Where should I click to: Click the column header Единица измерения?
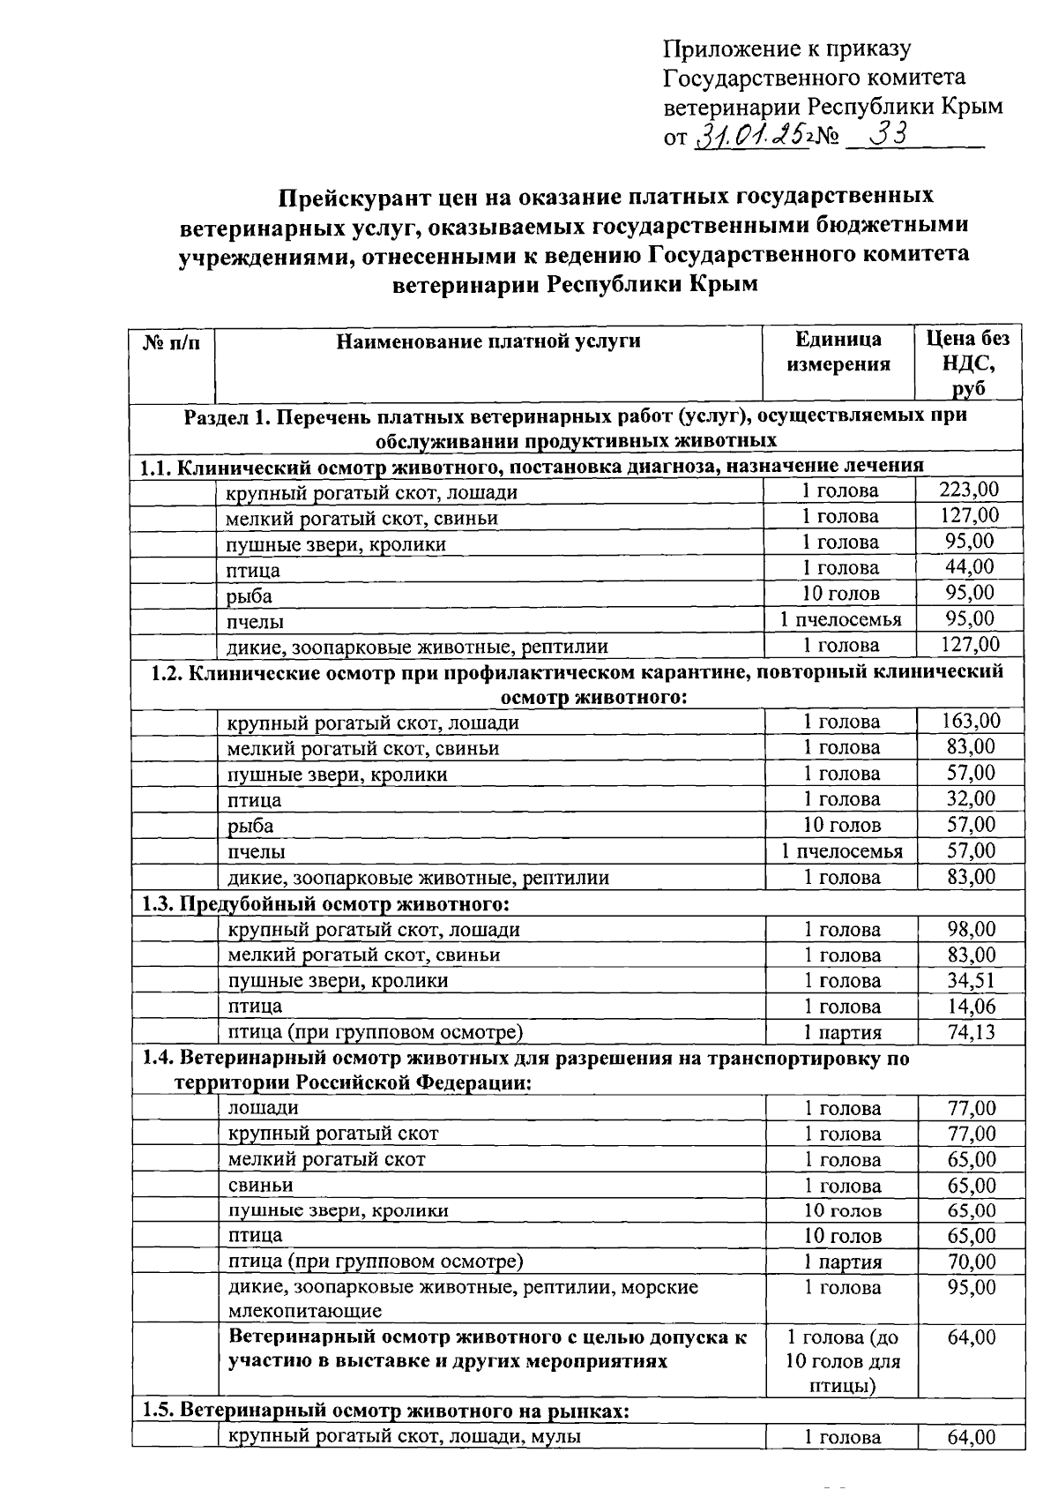[x=838, y=352]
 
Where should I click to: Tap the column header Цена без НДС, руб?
[x=968, y=363]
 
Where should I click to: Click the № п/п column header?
[x=172, y=341]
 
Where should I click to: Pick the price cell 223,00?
[x=969, y=490]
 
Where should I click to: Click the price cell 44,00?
[x=969, y=567]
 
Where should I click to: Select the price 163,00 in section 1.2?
[x=970, y=721]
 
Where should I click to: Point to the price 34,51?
[x=971, y=980]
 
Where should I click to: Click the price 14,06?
[x=971, y=1006]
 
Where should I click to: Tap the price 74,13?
[x=971, y=1031]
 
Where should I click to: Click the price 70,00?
[x=971, y=1262]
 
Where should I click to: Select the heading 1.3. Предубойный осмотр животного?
[x=326, y=903]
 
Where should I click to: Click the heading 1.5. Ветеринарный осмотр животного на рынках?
[x=385, y=1411]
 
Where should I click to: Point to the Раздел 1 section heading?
[x=575, y=427]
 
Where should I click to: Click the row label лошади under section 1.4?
[x=263, y=1108]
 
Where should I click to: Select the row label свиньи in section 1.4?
[x=260, y=1185]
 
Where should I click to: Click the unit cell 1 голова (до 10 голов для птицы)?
[x=842, y=1361]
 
